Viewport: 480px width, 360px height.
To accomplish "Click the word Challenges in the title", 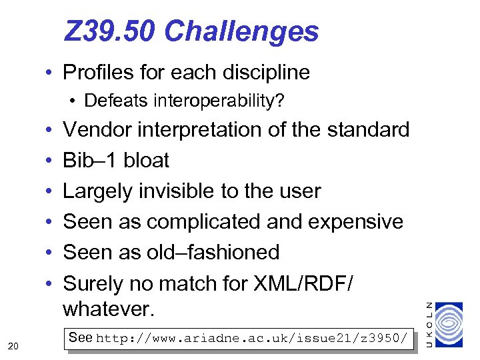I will [241, 31].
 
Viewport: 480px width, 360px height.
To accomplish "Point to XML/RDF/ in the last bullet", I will [304, 283].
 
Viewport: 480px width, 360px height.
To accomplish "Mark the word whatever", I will [108, 309].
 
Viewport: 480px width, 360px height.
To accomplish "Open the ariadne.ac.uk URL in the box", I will [252, 339].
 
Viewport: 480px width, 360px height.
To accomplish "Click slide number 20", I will [13, 345].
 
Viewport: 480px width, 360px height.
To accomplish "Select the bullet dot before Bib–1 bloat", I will [50, 161].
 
